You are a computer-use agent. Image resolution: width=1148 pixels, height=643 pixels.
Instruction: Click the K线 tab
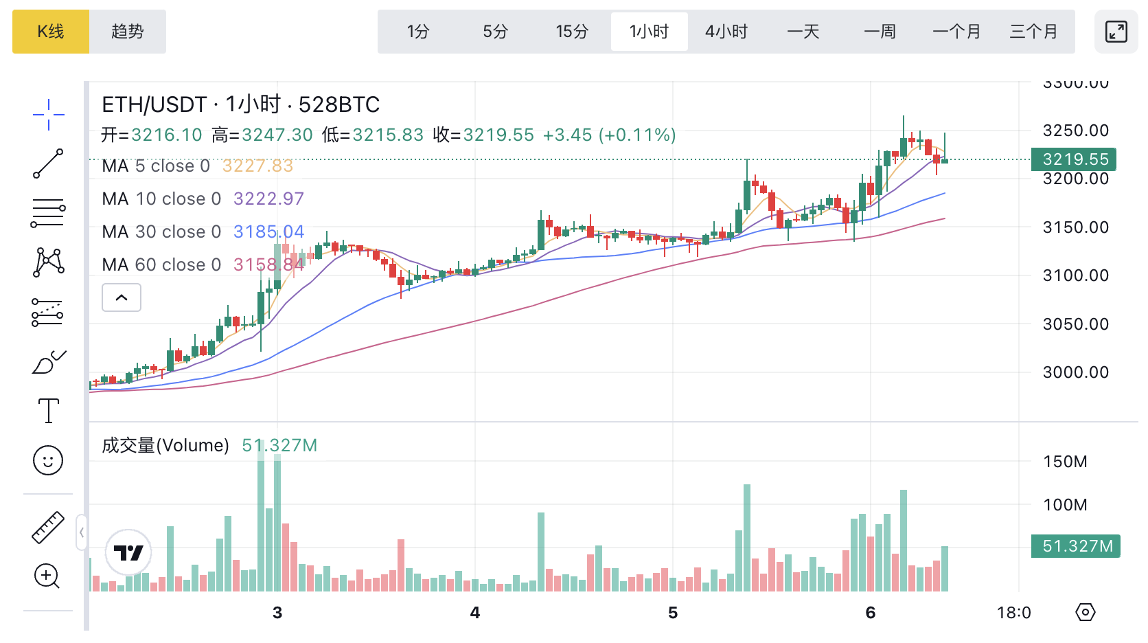click(x=51, y=32)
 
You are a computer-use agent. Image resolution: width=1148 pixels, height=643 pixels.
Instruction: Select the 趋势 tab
click(x=128, y=32)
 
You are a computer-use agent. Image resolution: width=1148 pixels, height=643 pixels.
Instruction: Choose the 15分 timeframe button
click(x=572, y=32)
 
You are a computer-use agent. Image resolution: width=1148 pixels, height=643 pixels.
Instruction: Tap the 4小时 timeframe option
click(x=726, y=32)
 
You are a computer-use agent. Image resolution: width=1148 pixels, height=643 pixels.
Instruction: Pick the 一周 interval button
click(x=880, y=32)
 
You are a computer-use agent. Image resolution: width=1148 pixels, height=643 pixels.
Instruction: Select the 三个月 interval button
click(x=1033, y=32)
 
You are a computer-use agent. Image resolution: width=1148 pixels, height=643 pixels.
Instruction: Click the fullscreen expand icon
click(x=1116, y=32)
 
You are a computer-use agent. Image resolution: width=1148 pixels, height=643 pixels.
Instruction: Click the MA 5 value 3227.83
click(x=257, y=166)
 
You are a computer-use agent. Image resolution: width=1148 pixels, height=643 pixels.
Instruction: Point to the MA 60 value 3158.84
click(x=268, y=265)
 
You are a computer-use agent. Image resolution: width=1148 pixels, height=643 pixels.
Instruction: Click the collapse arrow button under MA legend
click(x=122, y=297)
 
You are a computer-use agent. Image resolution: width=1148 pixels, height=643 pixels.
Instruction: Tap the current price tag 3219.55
click(x=1074, y=159)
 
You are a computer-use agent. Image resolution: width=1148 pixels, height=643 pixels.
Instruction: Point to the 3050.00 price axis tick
click(x=1075, y=324)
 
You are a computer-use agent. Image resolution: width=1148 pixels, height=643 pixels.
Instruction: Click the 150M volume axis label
click(x=1065, y=462)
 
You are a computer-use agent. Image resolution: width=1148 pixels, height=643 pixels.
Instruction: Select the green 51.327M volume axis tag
click(x=1076, y=546)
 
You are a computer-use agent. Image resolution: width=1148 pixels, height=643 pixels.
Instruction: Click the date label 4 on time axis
click(x=474, y=613)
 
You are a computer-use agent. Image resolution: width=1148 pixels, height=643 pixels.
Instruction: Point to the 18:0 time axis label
click(x=1013, y=613)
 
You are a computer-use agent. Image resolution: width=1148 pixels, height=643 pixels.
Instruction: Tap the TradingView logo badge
click(x=128, y=552)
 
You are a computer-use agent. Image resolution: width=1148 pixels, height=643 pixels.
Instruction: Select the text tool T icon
click(x=48, y=411)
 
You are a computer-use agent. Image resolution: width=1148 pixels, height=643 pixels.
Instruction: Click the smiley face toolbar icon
click(x=48, y=460)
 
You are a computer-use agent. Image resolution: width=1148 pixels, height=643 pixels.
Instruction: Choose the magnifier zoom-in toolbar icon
click(x=47, y=576)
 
